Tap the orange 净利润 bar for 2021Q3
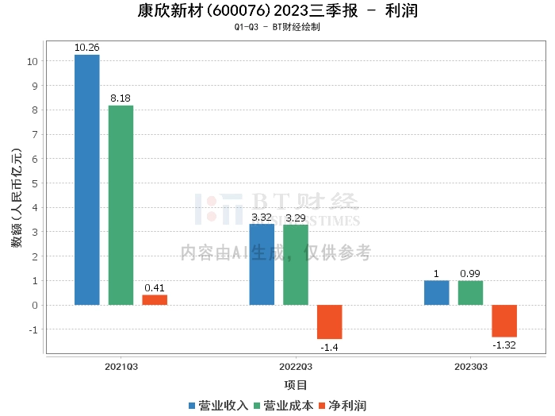[155, 300]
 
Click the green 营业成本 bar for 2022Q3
[296, 265]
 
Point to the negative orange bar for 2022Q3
[330, 322]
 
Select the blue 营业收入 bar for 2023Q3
[437, 293]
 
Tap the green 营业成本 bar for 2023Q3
[470, 293]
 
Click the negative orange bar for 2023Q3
[504, 321]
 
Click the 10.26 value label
[87, 48]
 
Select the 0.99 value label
[470, 274]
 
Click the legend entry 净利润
[343, 406]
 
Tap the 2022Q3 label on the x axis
[296, 367]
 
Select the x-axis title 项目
[296, 385]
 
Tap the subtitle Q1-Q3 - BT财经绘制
[277, 27]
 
